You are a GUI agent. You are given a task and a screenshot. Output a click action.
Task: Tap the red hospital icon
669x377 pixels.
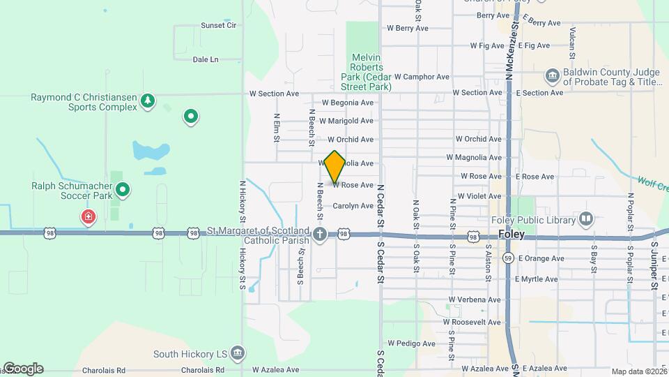tap(89, 217)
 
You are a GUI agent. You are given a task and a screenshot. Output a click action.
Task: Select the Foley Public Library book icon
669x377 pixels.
tap(586, 220)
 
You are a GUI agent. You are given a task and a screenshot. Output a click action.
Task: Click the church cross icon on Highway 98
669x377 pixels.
tap(320, 234)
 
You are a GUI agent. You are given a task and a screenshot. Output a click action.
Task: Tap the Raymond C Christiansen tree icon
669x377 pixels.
tap(148, 102)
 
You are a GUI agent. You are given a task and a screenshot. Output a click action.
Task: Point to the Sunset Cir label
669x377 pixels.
tap(220, 25)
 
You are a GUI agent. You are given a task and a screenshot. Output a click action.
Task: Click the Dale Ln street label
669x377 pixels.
tap(206, 60)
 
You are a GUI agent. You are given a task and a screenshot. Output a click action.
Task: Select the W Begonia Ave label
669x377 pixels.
tap(347, 103)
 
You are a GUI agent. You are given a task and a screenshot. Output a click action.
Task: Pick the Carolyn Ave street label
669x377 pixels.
tap(353, 206)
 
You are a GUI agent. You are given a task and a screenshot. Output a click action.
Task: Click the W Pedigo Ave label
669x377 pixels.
tap(411, 343)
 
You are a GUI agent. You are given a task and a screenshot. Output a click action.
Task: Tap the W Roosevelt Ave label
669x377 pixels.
tap(475, 323)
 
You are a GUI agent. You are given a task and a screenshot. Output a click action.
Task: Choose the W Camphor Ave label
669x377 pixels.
tap(422, 77)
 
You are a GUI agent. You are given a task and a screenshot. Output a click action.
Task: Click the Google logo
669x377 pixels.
tap(23, 369)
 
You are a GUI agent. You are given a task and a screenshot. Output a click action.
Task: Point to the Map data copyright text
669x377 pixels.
tap(639, 372)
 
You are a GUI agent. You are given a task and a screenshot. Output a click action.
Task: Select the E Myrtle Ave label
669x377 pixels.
tap(536, 279)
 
